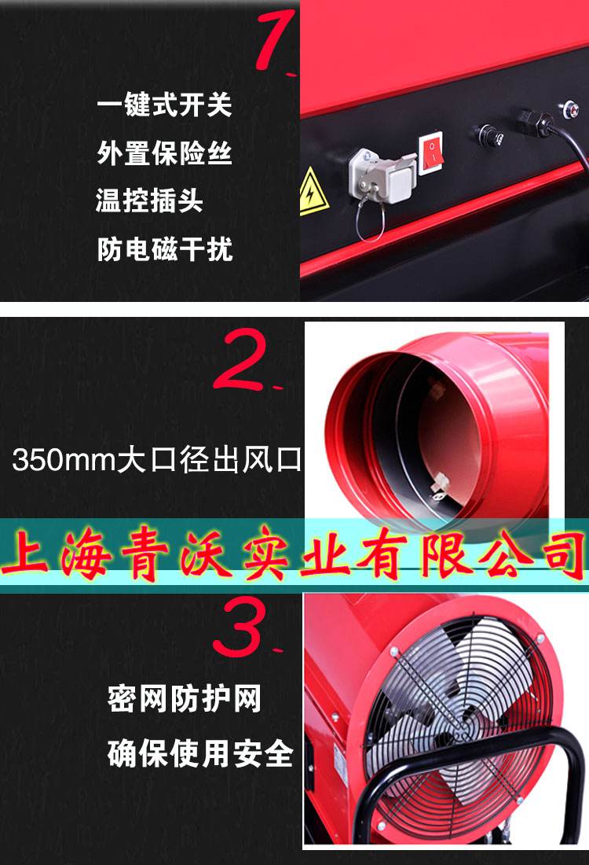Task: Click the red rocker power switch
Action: tap(431, 153)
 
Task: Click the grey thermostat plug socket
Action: tap(380, 175)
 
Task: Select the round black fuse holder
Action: tap(490, 135)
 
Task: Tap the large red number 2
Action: tap(243, 359)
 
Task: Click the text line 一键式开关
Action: tap(164, 104)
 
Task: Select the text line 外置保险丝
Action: tap(164, 153)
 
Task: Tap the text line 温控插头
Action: tap(149, 201)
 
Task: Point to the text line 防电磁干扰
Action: tap(165, 248)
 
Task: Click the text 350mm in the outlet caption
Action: tap(64, 460)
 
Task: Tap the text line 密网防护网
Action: tap(184, 698)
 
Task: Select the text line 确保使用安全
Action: tap(200, 753)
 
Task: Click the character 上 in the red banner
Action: tap(26, 553)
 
